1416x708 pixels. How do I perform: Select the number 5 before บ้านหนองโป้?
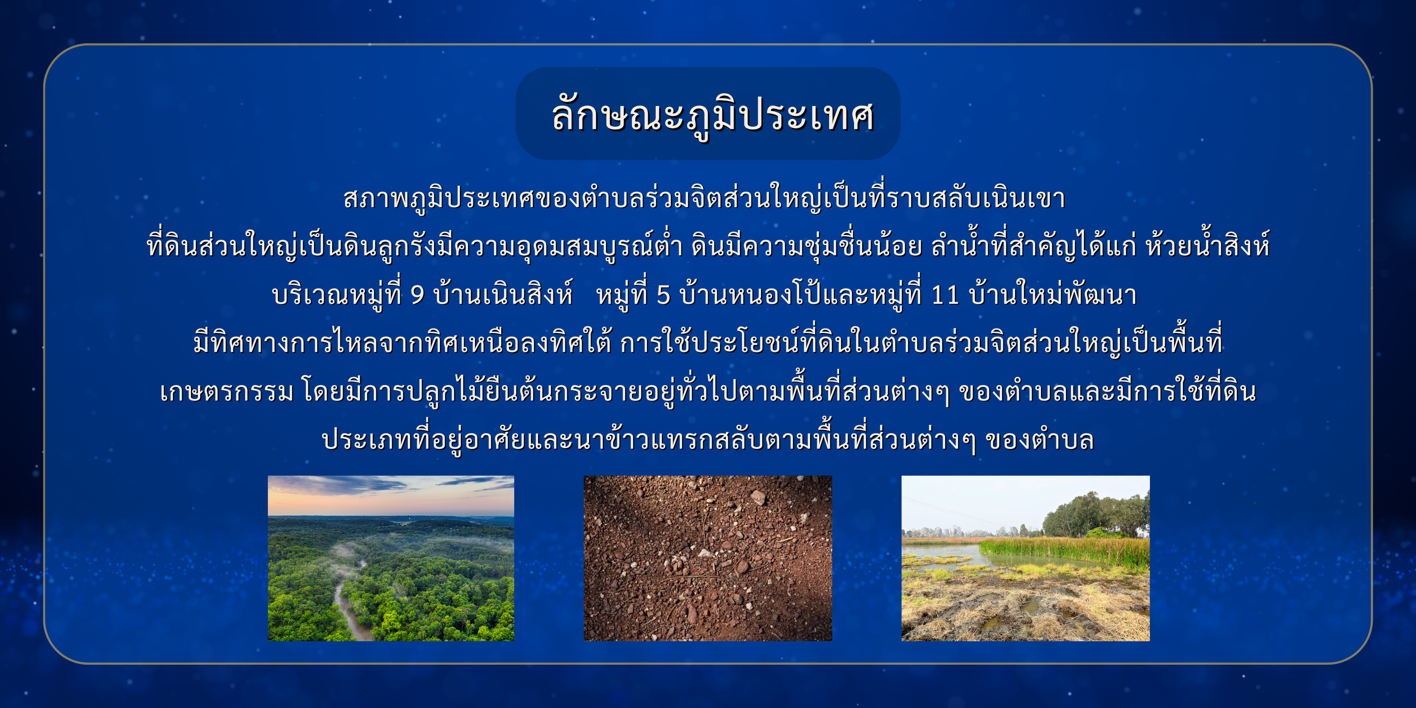point(663,295)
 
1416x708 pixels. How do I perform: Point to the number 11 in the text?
point(945,295)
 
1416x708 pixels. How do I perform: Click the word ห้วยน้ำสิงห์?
point(1207,245)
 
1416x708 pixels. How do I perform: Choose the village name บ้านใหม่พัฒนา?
point(1053,294)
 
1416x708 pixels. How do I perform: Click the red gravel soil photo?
point(708,558)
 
